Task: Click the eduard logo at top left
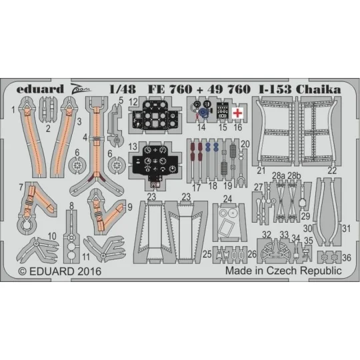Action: tap(41, 88)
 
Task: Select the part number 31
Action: tap(347, 228)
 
